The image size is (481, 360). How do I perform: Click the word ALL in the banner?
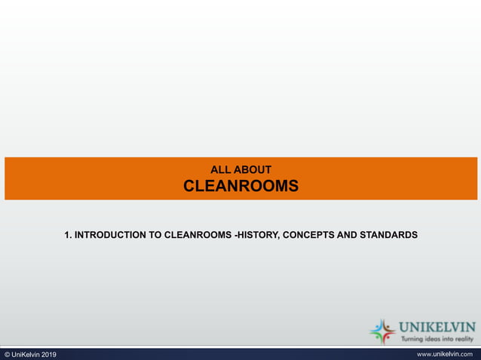[x=219, y=170]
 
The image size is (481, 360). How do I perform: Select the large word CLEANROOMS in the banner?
[x=240, y=186]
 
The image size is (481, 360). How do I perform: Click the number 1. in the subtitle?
[x=68, y=235]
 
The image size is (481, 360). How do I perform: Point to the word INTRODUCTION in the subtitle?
[x=111, y=235]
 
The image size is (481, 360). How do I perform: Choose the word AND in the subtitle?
[x=348, y=235]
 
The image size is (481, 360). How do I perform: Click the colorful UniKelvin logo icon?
[x=382, y=331]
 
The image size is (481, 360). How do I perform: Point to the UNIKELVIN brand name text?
[x=437, y=327]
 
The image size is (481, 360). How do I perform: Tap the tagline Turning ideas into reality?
[x=437, y=339]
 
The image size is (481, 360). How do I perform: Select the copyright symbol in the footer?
[x=7, y=355]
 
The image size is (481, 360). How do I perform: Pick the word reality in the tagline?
[x=463, y=339]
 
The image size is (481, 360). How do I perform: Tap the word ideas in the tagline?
[x=431, y=339]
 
